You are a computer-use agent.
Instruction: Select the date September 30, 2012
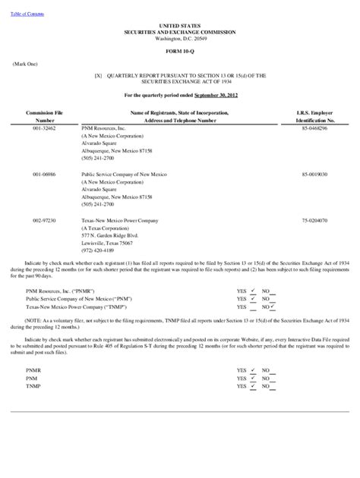point(216,95)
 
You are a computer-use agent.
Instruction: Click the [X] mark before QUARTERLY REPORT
point(97,76)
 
